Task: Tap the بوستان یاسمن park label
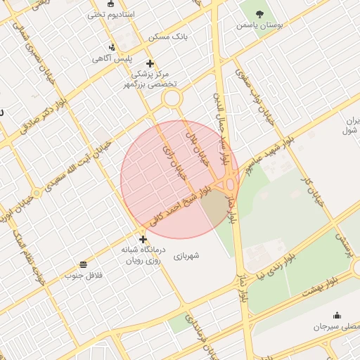tap(259, 25)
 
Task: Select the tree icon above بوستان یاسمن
tap(259, 13)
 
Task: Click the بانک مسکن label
tap(167, 37)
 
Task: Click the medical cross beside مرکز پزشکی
tap(150, 63)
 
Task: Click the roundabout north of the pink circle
tap(172, 98)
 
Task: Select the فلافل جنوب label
tap(84, 276)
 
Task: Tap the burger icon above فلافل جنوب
tap(84, 264)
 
